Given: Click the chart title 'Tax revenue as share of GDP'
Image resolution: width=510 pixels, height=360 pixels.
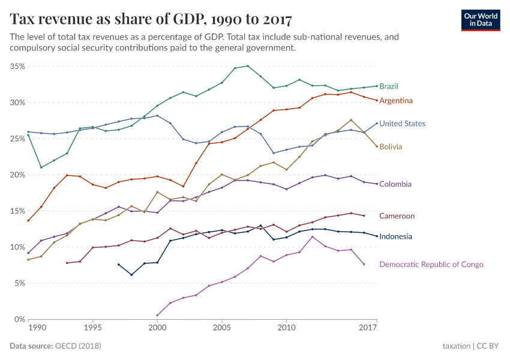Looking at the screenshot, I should (x=151, y=19).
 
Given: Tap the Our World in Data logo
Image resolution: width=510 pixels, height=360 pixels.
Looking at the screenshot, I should (x=480, y=19).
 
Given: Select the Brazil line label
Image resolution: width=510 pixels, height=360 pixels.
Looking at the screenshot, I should (x=389, y=86).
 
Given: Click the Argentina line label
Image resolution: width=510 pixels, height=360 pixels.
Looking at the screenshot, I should (x=395, y=100).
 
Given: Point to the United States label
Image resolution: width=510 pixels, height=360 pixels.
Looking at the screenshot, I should (x=402, y=124).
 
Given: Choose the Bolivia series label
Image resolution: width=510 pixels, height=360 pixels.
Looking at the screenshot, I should (x=391, y=147).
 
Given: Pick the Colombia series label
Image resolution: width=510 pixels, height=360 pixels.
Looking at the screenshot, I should (x=395, y=184).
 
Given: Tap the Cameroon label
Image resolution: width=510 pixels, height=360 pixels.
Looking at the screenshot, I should (x=397, y=216).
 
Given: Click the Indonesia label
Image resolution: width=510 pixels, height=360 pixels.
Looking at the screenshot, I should (x=395, y=236).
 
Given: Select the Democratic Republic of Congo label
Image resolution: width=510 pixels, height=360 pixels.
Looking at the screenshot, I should (x=431, y=265).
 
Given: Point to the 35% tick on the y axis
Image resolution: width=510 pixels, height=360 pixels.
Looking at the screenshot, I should (x=17, y=67).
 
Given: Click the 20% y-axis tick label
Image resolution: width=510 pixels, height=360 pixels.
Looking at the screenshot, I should (x=17, y=175).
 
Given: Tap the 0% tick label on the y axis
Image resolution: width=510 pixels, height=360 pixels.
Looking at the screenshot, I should (x=20, y=319).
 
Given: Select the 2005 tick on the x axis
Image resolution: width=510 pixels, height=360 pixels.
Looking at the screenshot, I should (x=222, y=329).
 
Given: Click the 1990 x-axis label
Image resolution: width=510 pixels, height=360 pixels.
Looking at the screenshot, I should (x=37, y=329).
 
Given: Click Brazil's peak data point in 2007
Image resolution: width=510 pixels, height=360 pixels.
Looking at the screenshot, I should (x=248, y=66).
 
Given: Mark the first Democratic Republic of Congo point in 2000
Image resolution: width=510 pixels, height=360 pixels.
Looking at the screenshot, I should (x=157, y=315).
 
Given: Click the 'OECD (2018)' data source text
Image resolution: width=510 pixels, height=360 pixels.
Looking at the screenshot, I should (x=77, y=346).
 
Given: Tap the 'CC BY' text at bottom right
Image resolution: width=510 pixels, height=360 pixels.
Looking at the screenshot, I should (x=488, y=346).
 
